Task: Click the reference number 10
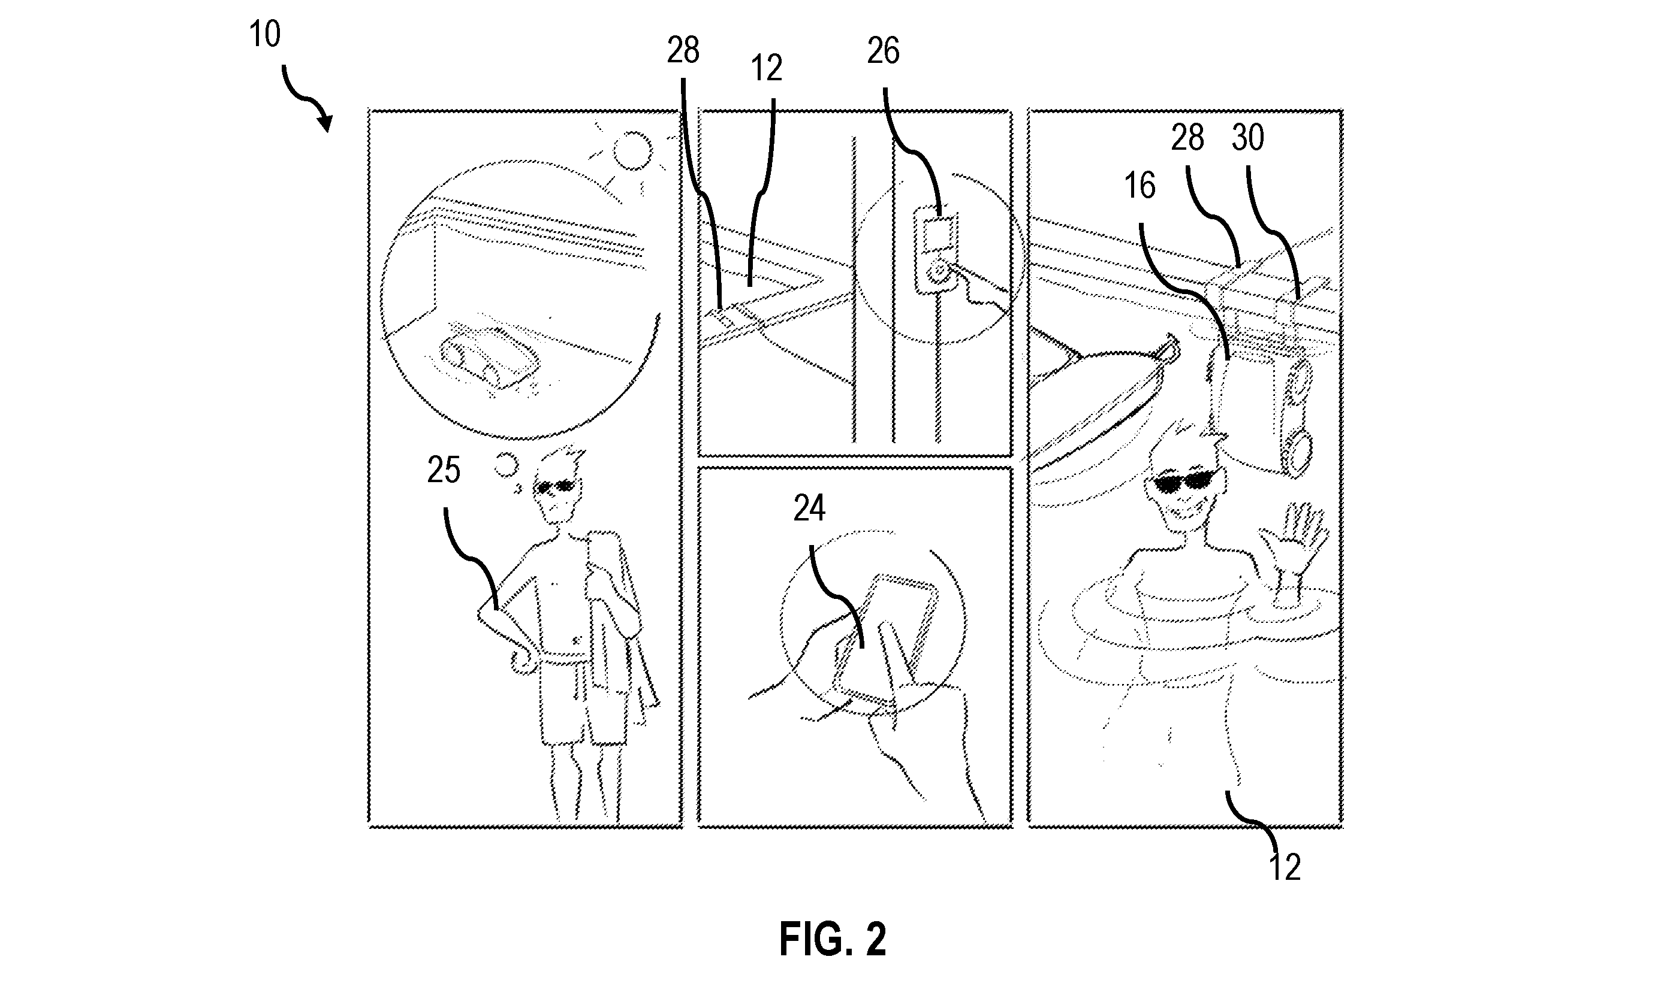coord(264,34)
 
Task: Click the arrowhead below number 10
coord(326,123)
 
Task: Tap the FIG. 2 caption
coord(833,939)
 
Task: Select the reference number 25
coord(444,470)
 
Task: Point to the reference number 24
coord(809,508)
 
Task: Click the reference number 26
coord(883,51)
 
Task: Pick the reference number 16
coord(1140,186)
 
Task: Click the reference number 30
coord(1248,137)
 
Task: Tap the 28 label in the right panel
coord(1187,138)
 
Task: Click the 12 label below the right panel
coord(1285,867)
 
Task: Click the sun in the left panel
coord(632,150)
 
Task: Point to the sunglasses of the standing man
coord(556,486)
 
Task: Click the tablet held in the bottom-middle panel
coord(884,641)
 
